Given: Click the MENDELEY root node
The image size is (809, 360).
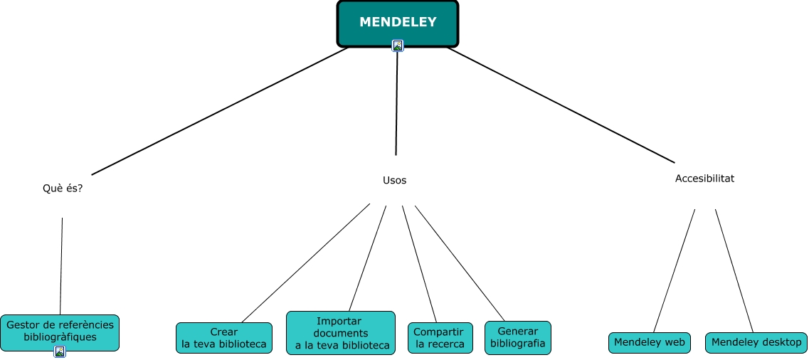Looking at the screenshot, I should click(397, 22).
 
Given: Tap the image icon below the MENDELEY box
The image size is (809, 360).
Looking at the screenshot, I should click(398, 46).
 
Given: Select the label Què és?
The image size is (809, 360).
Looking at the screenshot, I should click(63, 189).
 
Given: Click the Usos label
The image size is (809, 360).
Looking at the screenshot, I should click(394, 180).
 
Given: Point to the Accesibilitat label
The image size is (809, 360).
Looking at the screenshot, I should click(704, 179).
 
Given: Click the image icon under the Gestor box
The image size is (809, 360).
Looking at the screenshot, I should click(60, 351).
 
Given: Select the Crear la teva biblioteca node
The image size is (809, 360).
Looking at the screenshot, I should click(223, 338).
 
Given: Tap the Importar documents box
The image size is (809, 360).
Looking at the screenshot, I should click(340, 333).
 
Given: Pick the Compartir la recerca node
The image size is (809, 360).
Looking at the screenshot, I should click(440, 338).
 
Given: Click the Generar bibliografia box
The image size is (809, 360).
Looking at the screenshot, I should click(517, 338).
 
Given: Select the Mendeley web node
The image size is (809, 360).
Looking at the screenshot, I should click(650, 342).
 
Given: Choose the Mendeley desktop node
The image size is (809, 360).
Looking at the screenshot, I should click(756, 342).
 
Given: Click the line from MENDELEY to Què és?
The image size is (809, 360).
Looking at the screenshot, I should click(221, 111).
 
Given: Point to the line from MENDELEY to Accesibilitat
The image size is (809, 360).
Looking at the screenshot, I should click(561, 105).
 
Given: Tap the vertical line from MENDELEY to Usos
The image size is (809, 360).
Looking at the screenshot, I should click(396, 103).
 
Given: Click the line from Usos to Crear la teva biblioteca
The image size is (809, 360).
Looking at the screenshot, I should click(306, 263).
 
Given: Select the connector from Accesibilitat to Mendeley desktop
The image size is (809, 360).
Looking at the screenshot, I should click(734, 270).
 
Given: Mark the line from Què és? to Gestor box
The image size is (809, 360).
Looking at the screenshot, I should click(61, 267).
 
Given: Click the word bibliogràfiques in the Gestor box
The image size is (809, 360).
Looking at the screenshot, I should click(60, 337).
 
